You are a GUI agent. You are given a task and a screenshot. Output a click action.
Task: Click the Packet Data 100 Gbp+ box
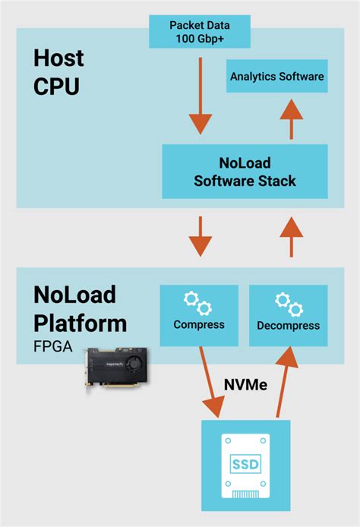pyautogui.click(x=200, y=31)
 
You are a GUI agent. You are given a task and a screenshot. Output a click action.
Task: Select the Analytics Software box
pyautogui.click(x=277, y=76)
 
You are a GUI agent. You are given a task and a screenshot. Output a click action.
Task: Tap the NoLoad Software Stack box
pyautogui.click(x=245, y=172)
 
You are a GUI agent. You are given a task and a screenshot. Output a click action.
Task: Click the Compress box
pyautogui.click(x=199, y=316)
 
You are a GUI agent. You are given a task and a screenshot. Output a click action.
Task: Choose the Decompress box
pyautogui.click(x=289, y=316)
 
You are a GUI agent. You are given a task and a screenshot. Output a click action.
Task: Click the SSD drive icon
pyautogui.click(x=246, y=465)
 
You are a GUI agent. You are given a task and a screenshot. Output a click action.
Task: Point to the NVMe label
pyautogui.click(x=246, y=385)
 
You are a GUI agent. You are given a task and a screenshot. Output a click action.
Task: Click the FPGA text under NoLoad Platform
pyautogui.click(x=52, y=347)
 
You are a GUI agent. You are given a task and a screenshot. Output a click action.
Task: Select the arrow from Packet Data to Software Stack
pyautogui.click(x=201, y=96)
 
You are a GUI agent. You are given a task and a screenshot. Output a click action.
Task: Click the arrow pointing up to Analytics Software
pyautogui.click(x=292, y=119)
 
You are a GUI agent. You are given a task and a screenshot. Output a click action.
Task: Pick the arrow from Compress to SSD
pyautogui.click(x=210, y=383)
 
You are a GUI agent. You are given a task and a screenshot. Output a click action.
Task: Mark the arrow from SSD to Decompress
pyautogui.click(x=284, y=383)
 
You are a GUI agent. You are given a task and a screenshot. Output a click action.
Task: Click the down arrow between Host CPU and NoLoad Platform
pyautogui.click(x=201, y=237)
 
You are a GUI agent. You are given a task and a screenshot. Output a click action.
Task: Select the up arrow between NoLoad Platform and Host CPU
pyautogui.click(x=292, y=237)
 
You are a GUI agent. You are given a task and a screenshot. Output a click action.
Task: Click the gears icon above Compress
pyautogui.click(x=197, y=304)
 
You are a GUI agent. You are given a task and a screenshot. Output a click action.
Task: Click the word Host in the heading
pyautogui.click(x=58, y=58)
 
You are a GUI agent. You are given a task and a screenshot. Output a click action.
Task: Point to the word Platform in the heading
pyautogui.click(x=81, y=323)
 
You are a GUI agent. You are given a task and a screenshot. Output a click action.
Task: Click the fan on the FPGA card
pyautogui.click(x=135, y=364)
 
